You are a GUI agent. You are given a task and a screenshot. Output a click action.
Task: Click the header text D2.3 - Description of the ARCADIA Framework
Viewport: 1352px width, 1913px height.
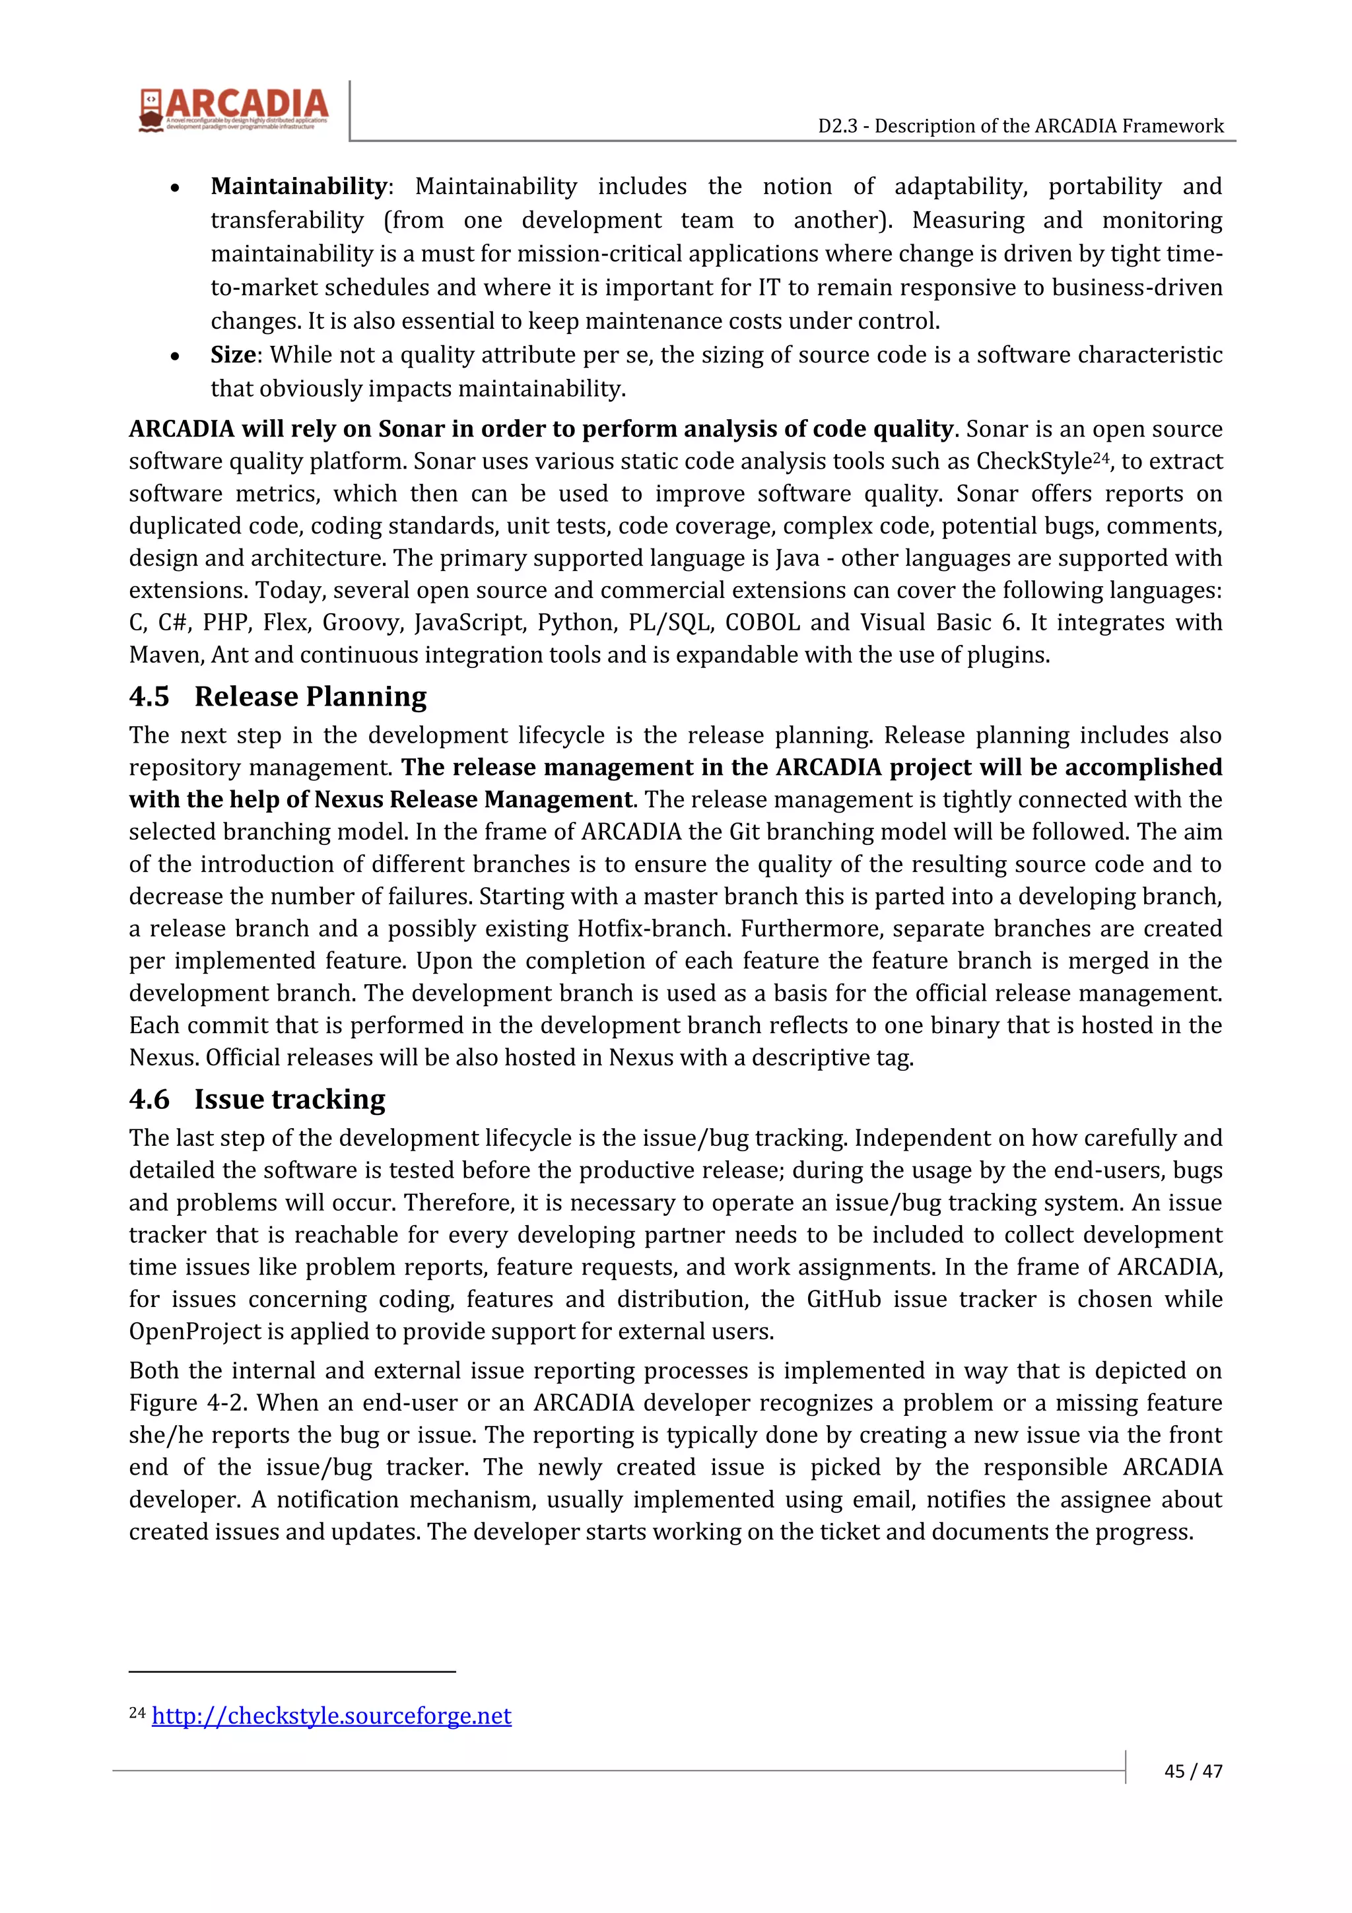pos(1021,126)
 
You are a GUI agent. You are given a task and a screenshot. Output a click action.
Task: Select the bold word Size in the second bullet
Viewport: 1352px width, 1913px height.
pos(232,355)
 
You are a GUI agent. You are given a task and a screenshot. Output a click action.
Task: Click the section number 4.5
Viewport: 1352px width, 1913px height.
pos(149,696)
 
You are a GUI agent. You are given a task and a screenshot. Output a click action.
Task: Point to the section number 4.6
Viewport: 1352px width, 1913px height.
pos(149,1100)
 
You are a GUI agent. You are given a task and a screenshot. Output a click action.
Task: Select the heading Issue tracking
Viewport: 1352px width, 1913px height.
pos(289,1100)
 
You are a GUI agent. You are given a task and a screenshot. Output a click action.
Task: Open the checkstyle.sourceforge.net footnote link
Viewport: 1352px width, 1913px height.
pos(331,1716)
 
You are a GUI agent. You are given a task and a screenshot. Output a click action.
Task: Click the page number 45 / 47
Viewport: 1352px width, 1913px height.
pos(1193,1771)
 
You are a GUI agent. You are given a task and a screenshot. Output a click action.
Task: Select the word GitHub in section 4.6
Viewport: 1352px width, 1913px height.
pos(843,1299)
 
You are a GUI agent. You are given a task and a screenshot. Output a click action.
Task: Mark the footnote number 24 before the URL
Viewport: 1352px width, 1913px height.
pos(137,1713)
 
